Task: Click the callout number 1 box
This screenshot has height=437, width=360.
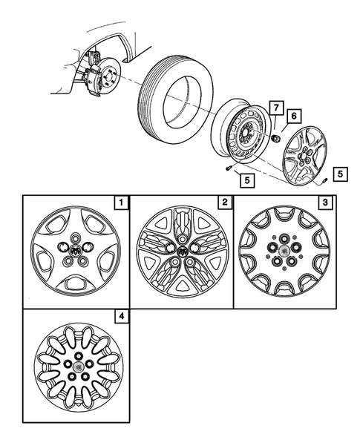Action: [x=118, y=203]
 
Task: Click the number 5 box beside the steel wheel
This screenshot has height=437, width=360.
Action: [x=243, y=178]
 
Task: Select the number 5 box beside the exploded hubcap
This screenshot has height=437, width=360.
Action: [x=340, y=174]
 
